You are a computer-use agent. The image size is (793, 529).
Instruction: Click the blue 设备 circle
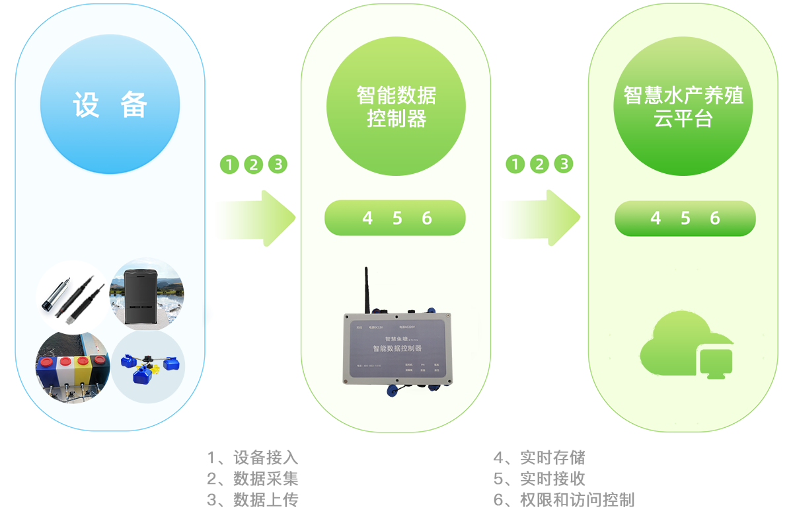pos(110,104)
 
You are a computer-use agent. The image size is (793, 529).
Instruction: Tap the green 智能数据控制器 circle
pos(396,106)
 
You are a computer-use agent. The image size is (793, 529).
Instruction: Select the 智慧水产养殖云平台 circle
pos(683,106)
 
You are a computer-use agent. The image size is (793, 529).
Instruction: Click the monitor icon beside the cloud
pos(716,363)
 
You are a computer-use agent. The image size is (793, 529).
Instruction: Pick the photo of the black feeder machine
pos(146,294)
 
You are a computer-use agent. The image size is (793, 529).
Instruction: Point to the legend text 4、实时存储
pos(539,458)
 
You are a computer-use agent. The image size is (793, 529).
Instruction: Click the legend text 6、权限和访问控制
pos(564,499)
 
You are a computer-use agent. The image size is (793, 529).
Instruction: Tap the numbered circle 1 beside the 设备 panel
pos(229,164)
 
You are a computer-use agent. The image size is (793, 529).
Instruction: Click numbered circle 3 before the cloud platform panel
pos(564,164)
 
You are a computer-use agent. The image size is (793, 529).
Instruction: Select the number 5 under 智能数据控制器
pos(397,218)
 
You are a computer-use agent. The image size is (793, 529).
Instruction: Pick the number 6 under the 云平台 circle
pos(715,218)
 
